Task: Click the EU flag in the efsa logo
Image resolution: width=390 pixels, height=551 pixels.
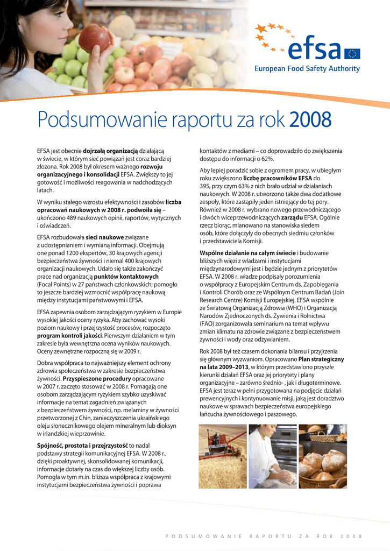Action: point(353,53)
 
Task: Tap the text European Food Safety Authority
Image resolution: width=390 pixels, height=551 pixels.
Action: point(307,68)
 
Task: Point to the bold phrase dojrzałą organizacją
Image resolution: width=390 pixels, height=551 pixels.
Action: point(110,151)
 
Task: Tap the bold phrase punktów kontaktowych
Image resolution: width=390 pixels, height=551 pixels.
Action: point(126,277)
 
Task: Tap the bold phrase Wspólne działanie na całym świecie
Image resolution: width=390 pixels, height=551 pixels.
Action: point(247,252)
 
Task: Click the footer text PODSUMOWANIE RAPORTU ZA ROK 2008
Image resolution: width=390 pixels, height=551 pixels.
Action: point(264,536)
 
